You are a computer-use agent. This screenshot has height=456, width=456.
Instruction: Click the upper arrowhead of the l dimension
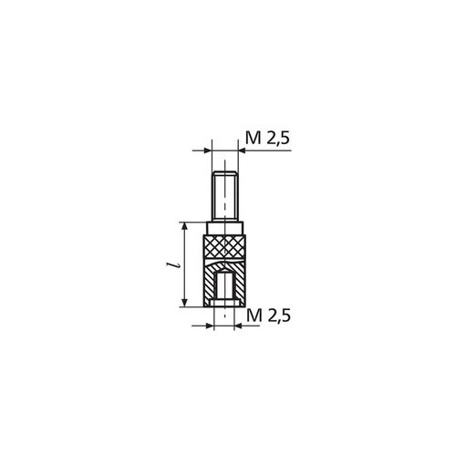tap(186, 225)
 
